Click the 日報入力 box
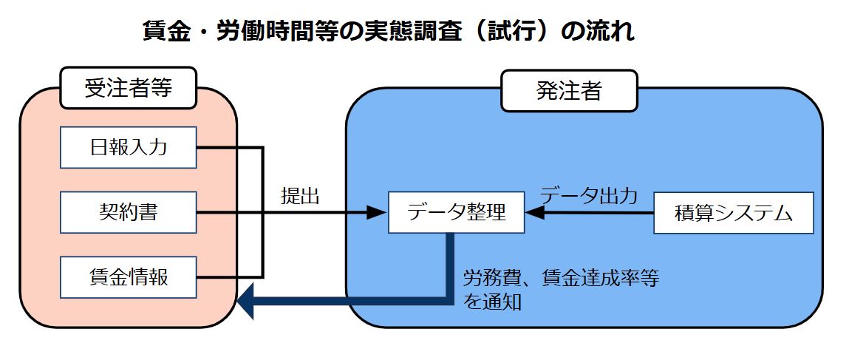[129, 147]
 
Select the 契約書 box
[129, 213]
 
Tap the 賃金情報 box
[129, 277]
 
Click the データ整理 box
[457, 213]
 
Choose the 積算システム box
[733, 213]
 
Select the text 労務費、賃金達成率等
[561, 279]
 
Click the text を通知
[493, 302]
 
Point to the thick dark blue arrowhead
[246, 302]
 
